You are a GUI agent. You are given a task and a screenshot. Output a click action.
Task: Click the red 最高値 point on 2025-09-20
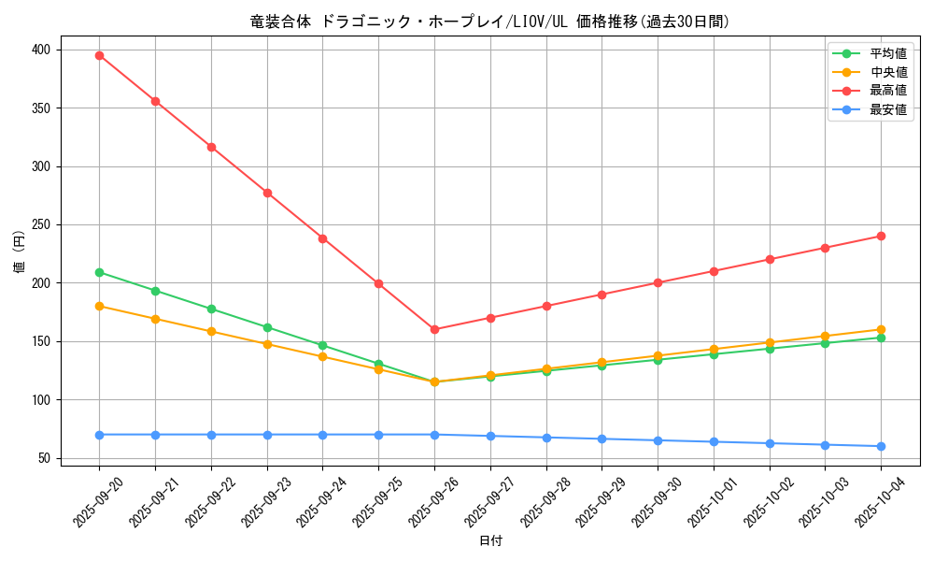[x=99, y=55]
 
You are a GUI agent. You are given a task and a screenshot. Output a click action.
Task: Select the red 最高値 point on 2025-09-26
[x=434, y=329]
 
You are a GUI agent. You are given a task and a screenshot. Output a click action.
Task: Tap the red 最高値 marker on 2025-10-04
[x=881, y=236]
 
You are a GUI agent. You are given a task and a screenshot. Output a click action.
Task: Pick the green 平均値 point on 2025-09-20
[x=99, y=272]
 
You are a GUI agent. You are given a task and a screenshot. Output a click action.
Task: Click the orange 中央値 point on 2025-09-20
[x=99, y=306]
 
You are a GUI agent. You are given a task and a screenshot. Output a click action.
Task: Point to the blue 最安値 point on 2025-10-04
[x=881, y=446]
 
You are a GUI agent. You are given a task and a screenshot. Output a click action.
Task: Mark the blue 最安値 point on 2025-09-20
[x=99, y=435]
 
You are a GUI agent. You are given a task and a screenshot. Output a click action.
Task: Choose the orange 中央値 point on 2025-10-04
[x=881, y=329]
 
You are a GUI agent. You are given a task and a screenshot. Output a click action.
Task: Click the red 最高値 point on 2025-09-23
[x=267, y=193]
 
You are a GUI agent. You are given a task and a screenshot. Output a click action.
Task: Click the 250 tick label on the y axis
[x=43, y=224]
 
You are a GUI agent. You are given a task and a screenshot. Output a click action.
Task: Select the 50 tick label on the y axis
[x=47, y=458]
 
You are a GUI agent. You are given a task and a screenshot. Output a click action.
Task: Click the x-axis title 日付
[x=490, y=541]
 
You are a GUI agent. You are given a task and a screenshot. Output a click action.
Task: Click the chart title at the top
[x=490, y=22]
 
